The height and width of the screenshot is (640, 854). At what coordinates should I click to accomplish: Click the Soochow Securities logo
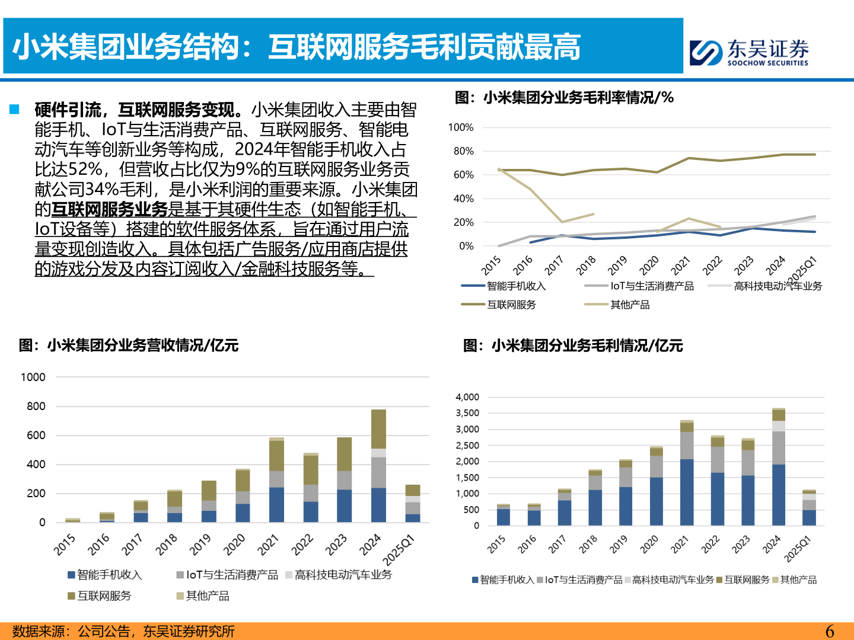[749, 52]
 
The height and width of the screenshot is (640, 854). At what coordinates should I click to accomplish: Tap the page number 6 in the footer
[830, 631]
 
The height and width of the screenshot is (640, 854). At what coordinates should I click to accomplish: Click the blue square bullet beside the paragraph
[14, 110]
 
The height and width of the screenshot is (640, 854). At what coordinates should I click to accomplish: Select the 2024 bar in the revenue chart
[378, 466]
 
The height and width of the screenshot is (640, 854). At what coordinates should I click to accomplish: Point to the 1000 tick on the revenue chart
[33, 377]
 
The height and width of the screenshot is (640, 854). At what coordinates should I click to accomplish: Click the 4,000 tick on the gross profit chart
[467, 397]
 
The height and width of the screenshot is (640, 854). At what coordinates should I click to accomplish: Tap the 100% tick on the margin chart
[461, 127]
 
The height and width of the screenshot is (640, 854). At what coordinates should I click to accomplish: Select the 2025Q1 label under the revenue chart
[399, 550]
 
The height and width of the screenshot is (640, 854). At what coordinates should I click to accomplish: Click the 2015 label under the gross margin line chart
[491, 265]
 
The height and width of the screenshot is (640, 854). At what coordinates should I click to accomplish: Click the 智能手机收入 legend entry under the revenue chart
[109, 575]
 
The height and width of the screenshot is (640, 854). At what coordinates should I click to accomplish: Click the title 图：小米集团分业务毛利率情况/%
[564, 98]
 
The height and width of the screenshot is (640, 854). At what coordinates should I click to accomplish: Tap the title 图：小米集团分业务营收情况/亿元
[129, 345]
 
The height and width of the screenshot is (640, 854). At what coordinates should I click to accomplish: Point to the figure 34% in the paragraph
[102, 190]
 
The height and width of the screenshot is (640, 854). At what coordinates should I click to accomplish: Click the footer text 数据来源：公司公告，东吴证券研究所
[123, 631]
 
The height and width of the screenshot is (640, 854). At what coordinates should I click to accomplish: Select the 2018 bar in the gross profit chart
[595, 498]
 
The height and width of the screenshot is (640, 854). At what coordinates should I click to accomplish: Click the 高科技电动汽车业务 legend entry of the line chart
[777, 286]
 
